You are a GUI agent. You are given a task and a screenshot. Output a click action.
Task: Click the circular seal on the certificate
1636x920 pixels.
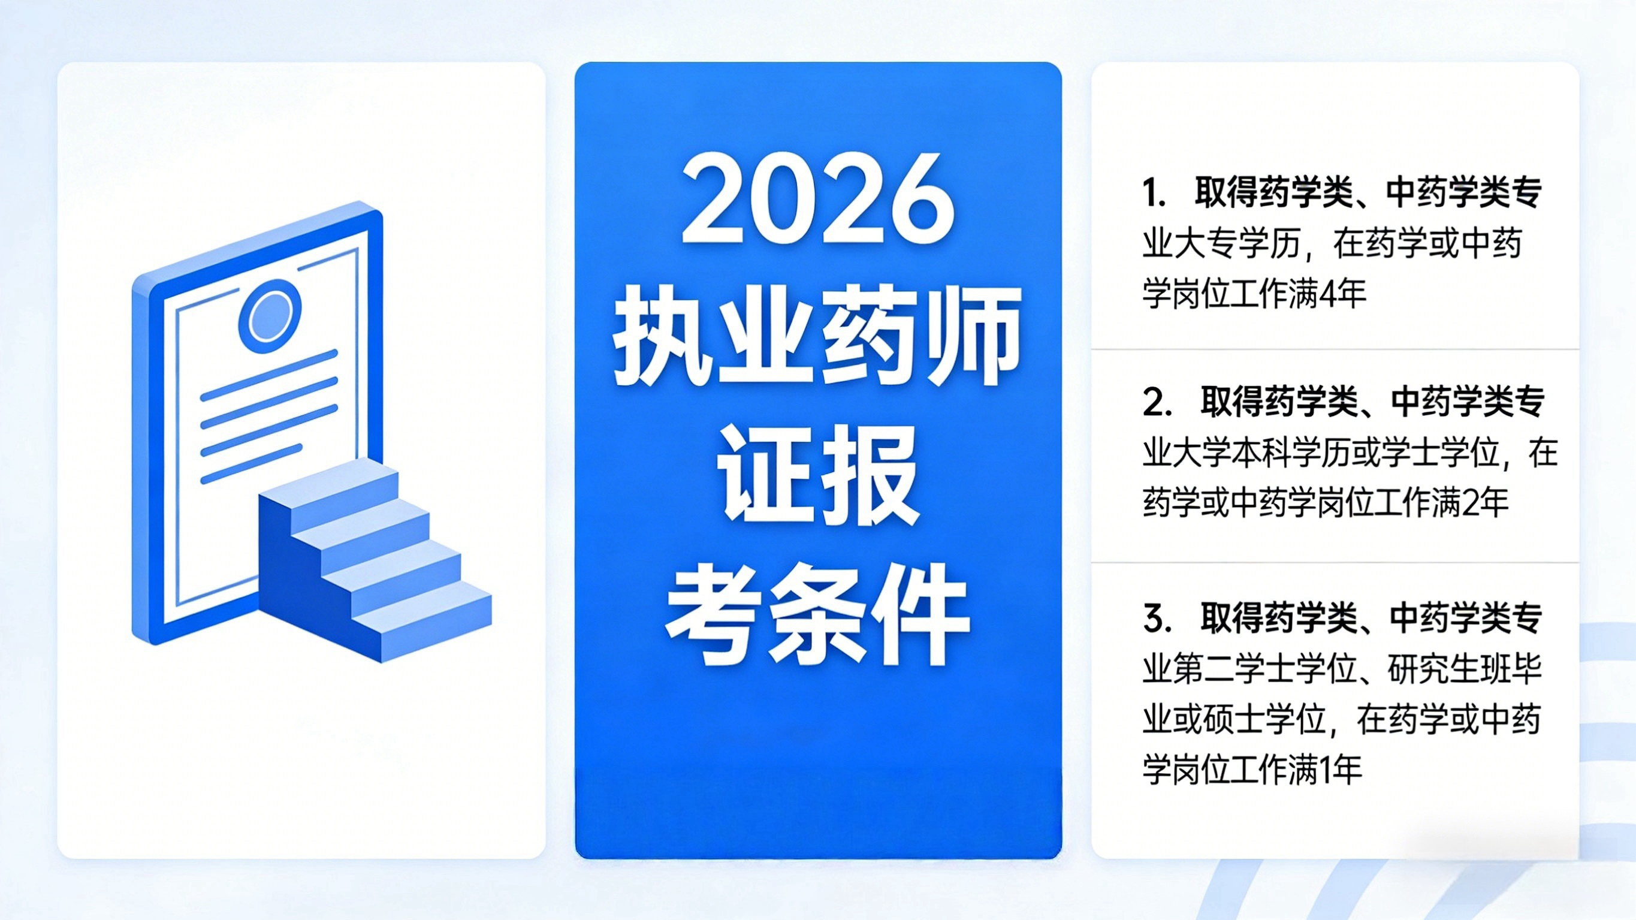tap(269, 316)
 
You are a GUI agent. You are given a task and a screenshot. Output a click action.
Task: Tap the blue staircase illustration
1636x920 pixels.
tap(375, 559)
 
